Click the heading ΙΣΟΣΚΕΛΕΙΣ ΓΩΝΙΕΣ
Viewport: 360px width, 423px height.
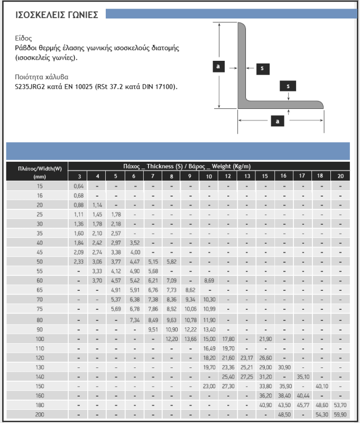[57, 14]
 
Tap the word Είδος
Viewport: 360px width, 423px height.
[24, 39]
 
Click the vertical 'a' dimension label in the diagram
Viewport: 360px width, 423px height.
[218, 66]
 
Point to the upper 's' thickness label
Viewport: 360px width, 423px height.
[261, 68]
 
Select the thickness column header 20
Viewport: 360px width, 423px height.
[340, 176]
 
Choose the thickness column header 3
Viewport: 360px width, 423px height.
[79, 176]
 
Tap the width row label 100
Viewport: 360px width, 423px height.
[40, 338]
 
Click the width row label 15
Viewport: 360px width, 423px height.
[40, 186]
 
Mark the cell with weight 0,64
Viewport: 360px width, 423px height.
[79, 186]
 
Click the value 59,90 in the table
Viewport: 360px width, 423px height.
[340, 414]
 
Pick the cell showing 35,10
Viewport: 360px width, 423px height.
[303, 376]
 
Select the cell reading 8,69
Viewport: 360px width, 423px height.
[209, 281]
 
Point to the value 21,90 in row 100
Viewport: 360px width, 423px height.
[265, 338]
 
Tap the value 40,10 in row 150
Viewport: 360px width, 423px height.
[321, 386]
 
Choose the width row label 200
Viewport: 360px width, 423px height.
[40, 414]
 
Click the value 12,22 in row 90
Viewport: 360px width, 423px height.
[190, 329]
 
